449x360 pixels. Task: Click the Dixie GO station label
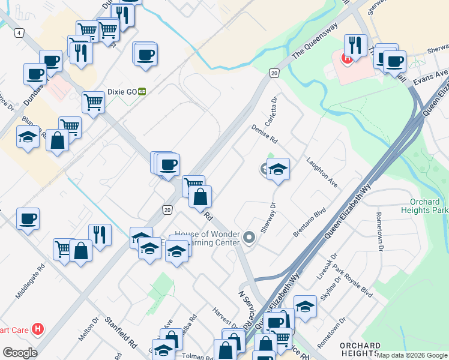(122, 92)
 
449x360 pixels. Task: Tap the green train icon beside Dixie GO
(142, 92)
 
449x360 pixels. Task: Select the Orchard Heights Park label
(429, 206)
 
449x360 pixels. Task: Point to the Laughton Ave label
(322, 173)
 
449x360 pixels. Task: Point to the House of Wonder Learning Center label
(207, 238)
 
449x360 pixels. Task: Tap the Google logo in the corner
(20, 353)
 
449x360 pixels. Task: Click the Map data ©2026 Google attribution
(412, 355)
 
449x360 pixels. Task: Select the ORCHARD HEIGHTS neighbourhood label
(360, 350)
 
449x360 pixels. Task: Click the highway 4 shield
(20, 32)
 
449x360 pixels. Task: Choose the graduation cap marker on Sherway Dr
(278, 169)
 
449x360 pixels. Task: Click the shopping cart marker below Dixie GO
(94, 102)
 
